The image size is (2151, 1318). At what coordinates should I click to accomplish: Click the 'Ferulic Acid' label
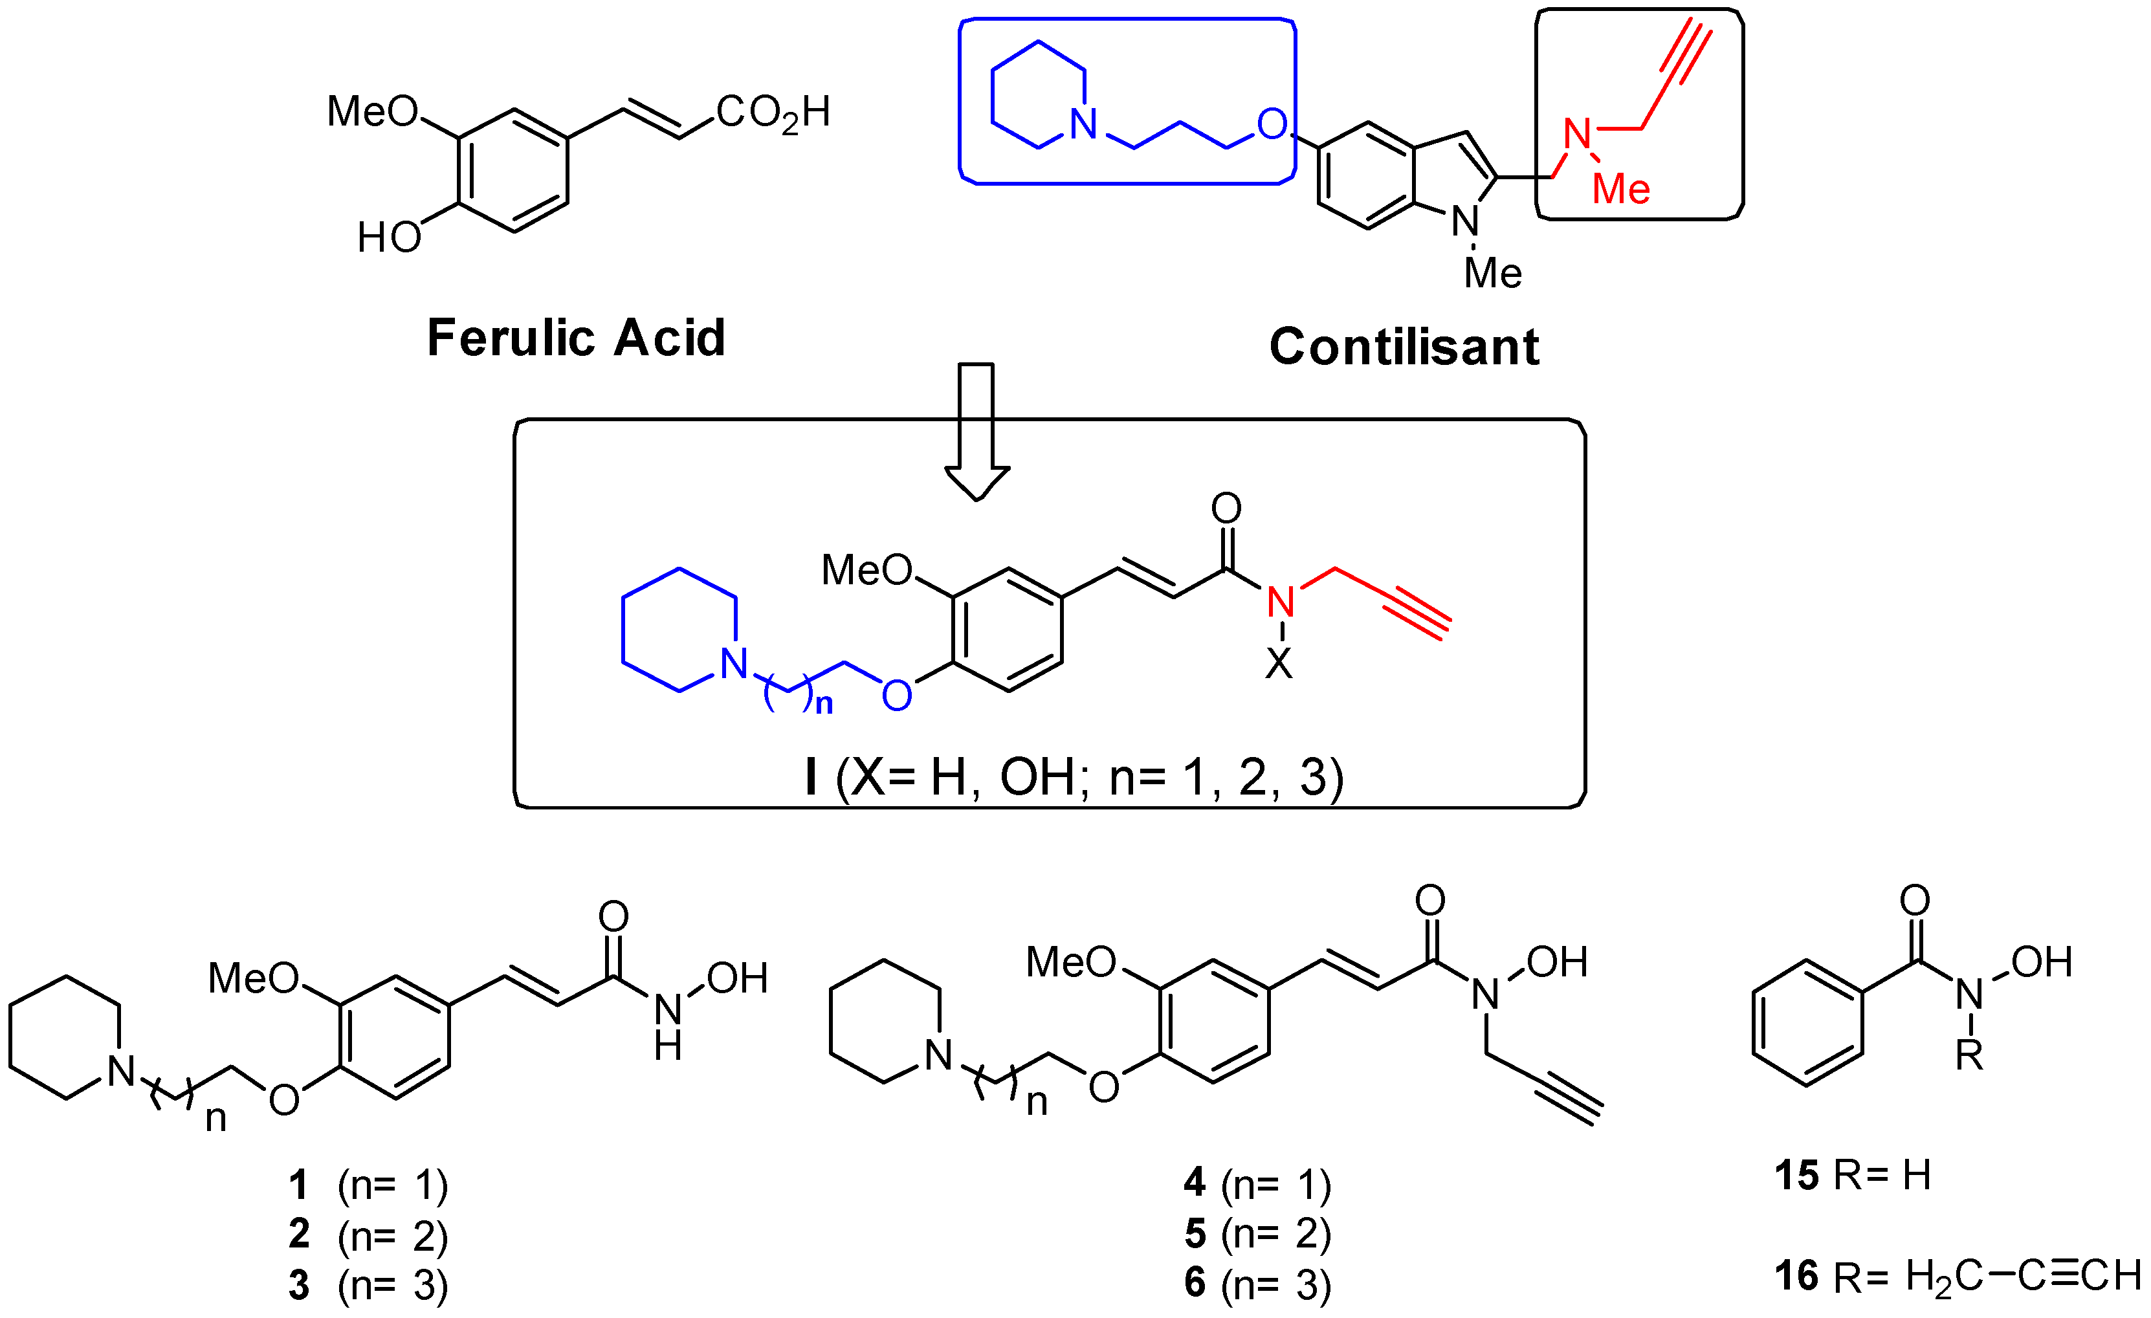point(575,338)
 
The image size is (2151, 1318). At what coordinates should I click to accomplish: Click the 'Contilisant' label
point(1404,347)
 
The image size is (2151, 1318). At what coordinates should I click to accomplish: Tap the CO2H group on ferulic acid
point(773,113)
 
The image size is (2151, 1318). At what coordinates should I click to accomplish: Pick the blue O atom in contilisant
point(1272,125)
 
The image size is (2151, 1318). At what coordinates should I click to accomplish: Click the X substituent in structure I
point(1279,665)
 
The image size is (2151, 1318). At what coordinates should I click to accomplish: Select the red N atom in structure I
point(1281,601)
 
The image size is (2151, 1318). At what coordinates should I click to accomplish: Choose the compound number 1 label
point(298,1185)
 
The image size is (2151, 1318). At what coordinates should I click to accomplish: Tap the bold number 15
point(1796,1176)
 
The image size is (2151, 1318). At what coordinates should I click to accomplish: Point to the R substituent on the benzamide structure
point(1969,1056)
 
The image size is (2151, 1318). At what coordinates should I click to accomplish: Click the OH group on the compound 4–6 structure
point(1556,962)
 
